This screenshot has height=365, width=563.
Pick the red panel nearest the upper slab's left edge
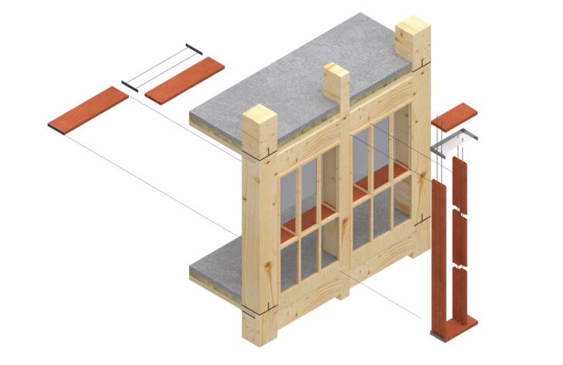[185, 80]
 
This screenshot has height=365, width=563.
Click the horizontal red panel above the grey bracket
[456, 116]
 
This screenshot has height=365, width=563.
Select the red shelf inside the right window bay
[369, 186]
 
